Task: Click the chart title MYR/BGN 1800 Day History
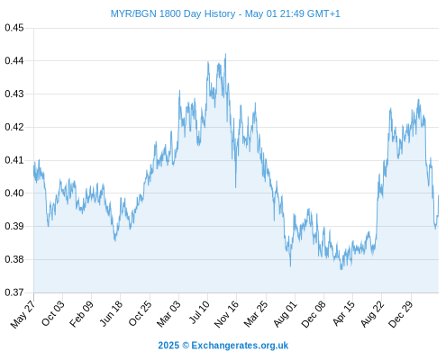click(173, 13)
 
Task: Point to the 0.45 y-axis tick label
click(14, 28)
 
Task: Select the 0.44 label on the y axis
click(14, 61)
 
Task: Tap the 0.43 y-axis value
click(14, 94)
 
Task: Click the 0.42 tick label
click(14, 127)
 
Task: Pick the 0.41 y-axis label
click(14, 160)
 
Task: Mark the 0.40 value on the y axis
click(14, 193)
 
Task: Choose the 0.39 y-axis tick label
click(14, 226)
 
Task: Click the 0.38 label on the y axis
click(14, 259)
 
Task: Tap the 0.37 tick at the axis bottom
click(14, 292)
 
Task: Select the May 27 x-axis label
click(23, 314)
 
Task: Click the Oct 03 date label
click(52, 313)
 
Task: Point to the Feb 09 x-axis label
click(81, 314)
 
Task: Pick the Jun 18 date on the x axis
click(111, 313)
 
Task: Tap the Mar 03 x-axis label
click(168, 314)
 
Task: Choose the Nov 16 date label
click(226, 314)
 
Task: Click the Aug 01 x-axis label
click(285, 314)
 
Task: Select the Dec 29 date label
click(401, 314)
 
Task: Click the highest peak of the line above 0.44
click(225, 54)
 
